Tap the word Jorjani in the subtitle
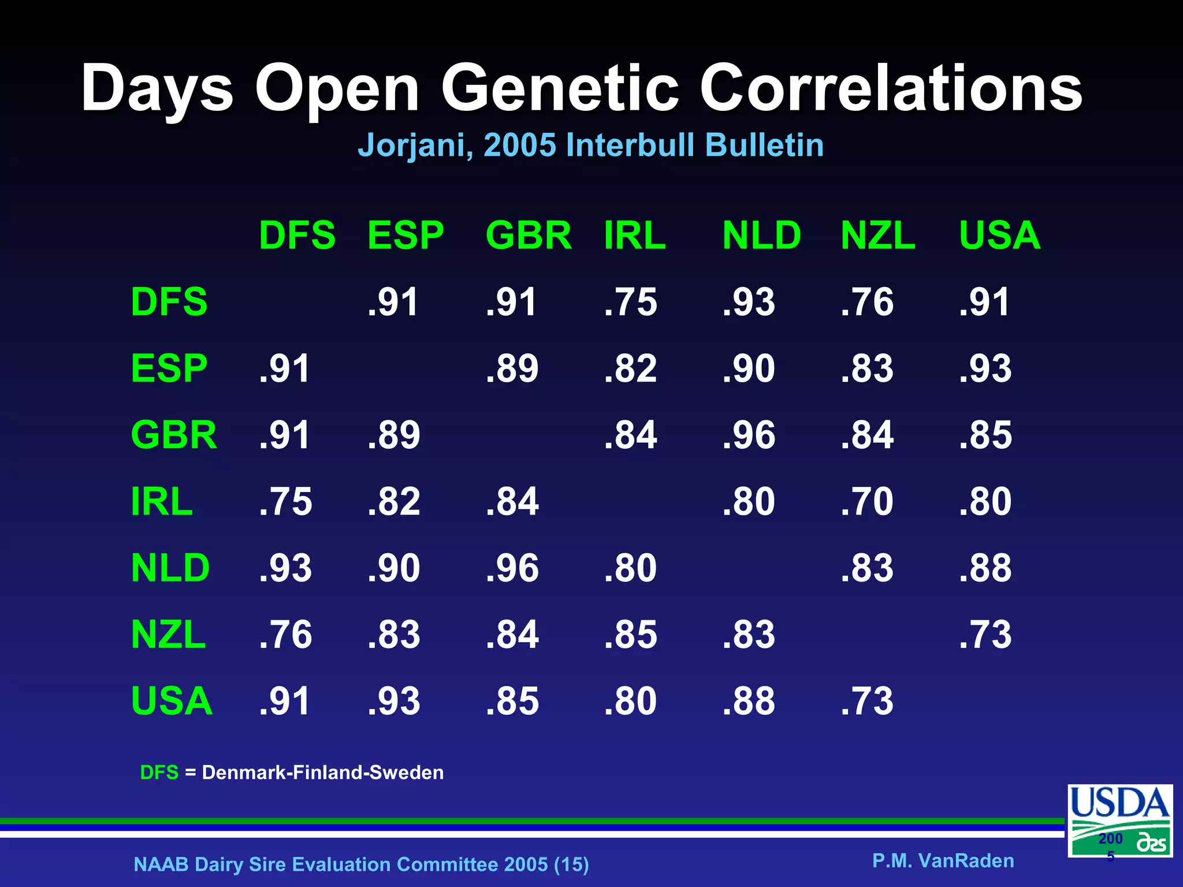tap(415, 145)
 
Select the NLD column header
tap(761, 236)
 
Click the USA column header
tap(999, 236)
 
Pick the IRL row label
tap(162, 501)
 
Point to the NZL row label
tap(168, 635)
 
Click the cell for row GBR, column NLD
tap(749, 435)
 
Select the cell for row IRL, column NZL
tap(867, 501)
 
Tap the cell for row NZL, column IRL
tap(630, 635)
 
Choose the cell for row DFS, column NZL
tap(867, 302)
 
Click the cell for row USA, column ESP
tap(394, 701)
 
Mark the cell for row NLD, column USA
tap(985, 568)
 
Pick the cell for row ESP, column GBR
tap(512, 368)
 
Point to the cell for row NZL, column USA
tap(985, 635)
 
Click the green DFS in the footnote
tap(159, 773)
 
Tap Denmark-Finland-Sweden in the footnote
tap(322, 773)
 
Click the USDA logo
tap(1119, 820)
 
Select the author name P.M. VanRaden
tap(943, 860)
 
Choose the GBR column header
tap(528, 236)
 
